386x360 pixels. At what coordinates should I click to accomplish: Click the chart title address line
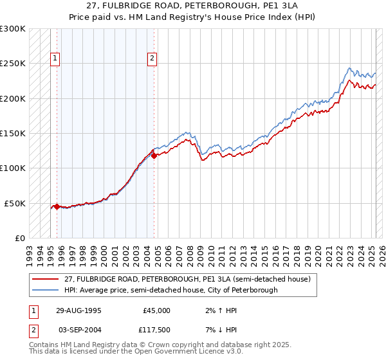[192, 6]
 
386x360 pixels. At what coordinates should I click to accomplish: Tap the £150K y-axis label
[13, 133]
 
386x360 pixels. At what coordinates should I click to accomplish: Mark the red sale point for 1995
[57, 206]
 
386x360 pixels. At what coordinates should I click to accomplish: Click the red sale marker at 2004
[154, 156]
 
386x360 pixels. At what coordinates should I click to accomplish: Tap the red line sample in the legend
[46, 279]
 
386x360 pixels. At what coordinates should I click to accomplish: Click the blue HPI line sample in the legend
[46, 290]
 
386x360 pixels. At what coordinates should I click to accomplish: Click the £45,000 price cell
[156, 310]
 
